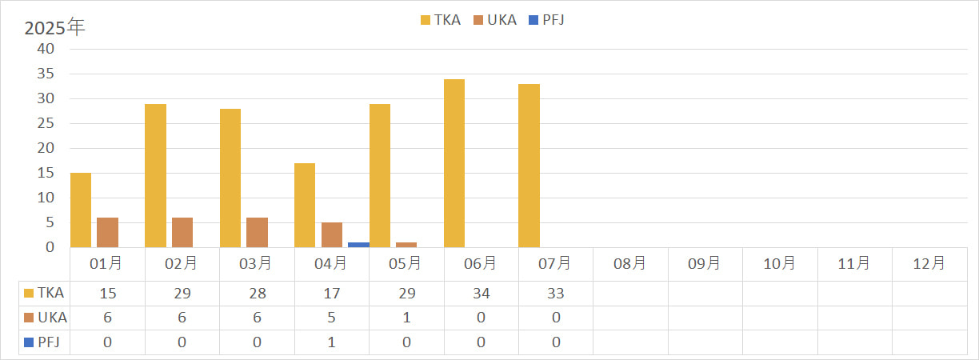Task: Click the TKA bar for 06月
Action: (454, 163)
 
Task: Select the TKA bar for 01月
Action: (81, 210)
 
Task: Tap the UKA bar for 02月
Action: (182, 232)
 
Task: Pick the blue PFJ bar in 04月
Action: (358, 244)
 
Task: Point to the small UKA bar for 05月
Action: (406, 244)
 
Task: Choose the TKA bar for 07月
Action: (529, 166)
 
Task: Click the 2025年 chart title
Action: (54, 27)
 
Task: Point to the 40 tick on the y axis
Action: (46, 49)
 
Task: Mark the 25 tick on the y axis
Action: (46, 123)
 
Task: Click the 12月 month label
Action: (929, 262)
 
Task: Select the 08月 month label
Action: (629, 262)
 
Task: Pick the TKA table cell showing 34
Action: (481, 294)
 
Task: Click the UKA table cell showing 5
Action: (331, 318)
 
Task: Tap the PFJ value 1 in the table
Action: (331, 342)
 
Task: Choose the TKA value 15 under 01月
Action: (107, 294)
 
